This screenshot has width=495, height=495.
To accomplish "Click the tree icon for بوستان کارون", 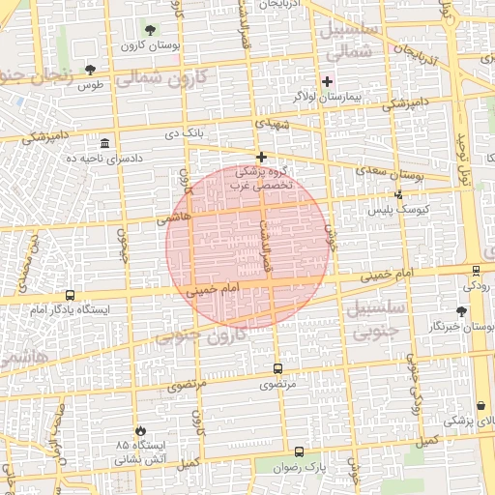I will coord(149,30).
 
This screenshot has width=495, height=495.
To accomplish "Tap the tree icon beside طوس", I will coord(90,70).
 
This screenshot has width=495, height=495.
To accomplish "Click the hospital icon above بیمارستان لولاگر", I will coord(328,81).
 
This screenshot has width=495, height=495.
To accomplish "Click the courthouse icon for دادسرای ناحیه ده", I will coord(103,143).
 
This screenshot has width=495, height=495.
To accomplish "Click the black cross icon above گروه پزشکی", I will coord(260,157).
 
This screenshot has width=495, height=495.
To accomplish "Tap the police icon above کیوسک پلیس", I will coord(398,194).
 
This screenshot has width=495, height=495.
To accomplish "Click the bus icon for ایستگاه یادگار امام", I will coord(69,295).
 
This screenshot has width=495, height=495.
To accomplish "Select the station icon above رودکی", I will coord(476,271).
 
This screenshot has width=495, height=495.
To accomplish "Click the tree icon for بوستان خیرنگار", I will coord(461,311).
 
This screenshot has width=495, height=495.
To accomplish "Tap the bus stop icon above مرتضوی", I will coord(277,368).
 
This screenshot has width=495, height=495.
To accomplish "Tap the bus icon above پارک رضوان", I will coord(297,451).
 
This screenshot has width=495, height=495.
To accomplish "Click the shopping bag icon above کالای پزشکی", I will coord(480,405).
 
